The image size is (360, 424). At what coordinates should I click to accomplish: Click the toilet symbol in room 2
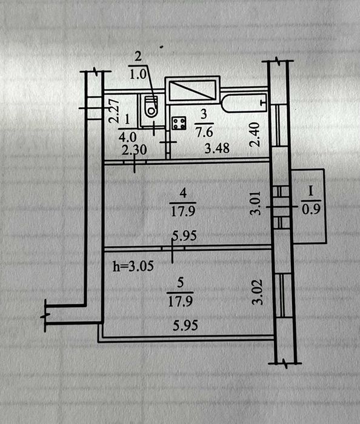coord(151,107)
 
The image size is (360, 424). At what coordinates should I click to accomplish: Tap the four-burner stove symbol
coord(179,124)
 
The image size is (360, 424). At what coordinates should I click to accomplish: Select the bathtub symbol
coord(244,102)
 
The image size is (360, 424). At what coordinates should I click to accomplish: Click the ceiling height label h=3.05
coord(133,266)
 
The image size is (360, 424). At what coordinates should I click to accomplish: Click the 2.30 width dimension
coord(134,150)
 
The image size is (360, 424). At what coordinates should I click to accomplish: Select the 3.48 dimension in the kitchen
coord(217,148)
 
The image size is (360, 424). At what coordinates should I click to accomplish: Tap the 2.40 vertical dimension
coord(255,134)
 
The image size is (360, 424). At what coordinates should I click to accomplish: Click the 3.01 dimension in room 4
coord(255,203)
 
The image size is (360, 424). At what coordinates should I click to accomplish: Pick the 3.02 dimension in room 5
coord(258,292)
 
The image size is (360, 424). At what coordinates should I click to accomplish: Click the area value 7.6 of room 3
coord(204,132)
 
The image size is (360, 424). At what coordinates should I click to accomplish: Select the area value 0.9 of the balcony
coord(311,209)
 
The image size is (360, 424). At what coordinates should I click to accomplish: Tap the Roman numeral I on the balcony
coord(310,192)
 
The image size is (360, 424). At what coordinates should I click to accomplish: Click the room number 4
coord(183,194)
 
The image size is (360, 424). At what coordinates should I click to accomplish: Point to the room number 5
coord(181,283)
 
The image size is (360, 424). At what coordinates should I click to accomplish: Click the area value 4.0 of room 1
coord(128,137)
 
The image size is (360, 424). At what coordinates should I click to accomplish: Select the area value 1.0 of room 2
coord(138,75)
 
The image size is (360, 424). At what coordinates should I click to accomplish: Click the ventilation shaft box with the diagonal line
coord(192,90)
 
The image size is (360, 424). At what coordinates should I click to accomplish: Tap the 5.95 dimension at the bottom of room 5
coord(185,325)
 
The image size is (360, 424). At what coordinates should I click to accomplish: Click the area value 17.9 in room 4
coord(183,211)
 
